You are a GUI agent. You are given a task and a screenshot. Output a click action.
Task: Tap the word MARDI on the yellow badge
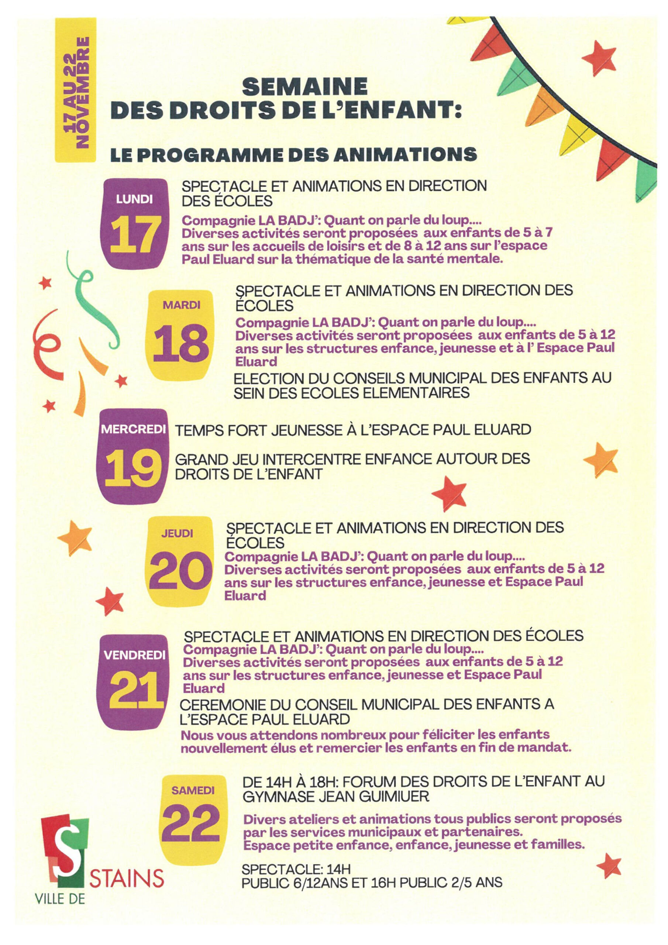click(182, 305)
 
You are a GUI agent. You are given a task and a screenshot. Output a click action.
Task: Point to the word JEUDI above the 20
click(177, 534)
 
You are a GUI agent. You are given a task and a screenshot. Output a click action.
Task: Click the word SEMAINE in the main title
click(304, 87)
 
